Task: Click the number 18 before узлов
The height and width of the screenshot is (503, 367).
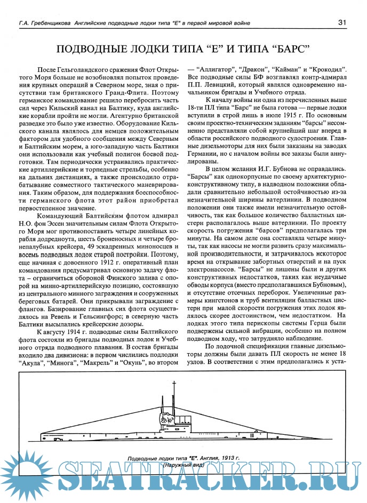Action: [345, 354]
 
